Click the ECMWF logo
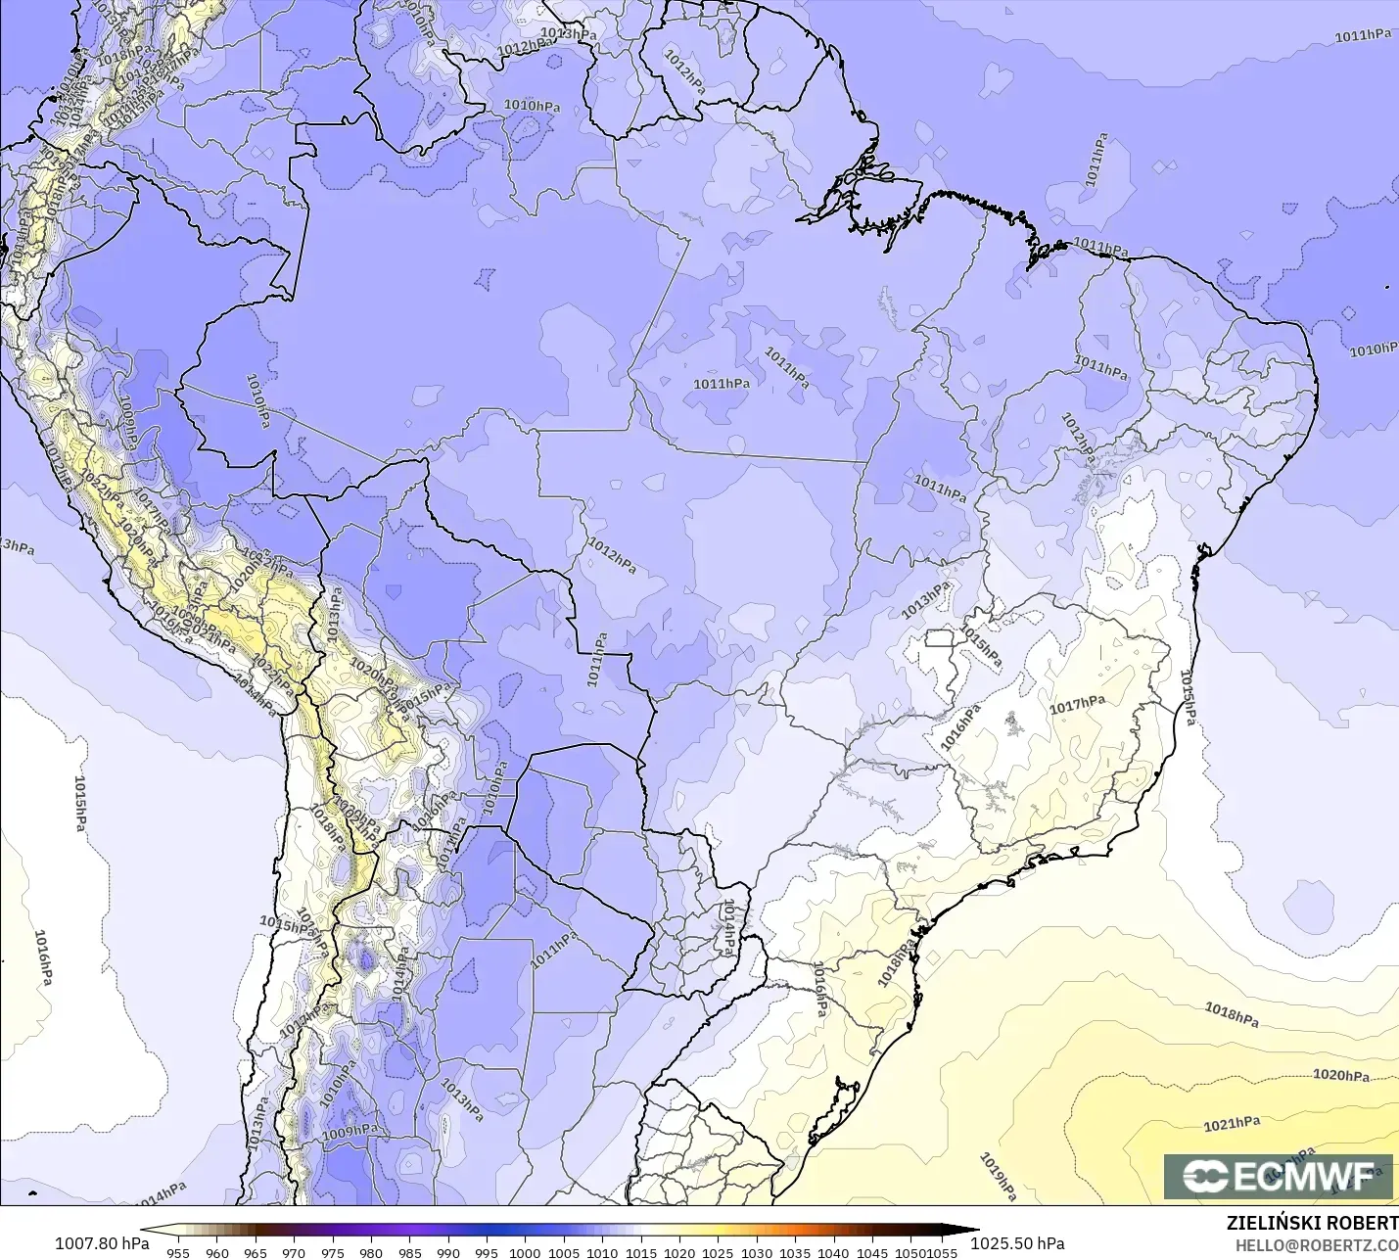(1278, 1176)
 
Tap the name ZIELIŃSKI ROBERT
(1312, 1224)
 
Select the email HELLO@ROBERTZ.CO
(1316, 1245)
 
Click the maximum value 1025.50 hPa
(1017, 1243)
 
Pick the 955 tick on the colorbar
(178, 1252)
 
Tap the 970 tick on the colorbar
(294, 1252)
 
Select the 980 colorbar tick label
(371, 1252)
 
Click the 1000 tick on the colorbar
(525, 1252)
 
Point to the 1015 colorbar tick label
(641, 1252)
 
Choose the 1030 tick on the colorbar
(756, 1252)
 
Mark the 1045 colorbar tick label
(872, 1252)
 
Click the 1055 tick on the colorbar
(942, 1252)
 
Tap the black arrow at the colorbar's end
(963, 1230)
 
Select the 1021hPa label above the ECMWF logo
(1232, 1124)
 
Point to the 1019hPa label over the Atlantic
(999, 1177)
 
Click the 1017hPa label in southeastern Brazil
(1077, 705)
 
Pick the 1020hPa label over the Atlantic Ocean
(1340, 1075)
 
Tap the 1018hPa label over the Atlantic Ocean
(1231, 1014)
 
